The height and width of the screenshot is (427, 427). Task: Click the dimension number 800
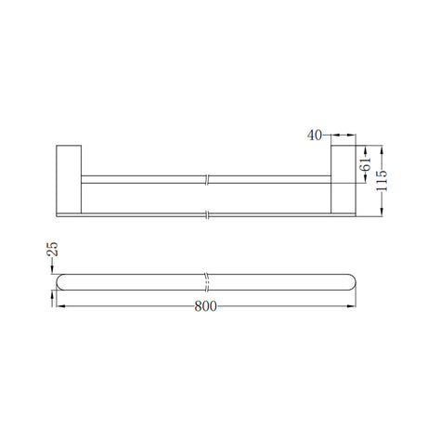click(x=205, y=306)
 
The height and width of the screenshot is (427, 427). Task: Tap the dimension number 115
click(x=382, y=180)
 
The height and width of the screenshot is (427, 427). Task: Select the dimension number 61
click(x=366, y=164)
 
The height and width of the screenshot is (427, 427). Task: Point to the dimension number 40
click(x=315, y=136)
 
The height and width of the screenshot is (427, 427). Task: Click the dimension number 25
click(x=52, y=249)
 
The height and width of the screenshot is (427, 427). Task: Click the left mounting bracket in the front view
click(x=69, y=179)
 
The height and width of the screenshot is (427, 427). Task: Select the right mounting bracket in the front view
click(x=343, y=179)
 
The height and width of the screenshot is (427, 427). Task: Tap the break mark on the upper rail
click(x=208, y=179)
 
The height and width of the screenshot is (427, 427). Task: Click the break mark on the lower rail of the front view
click(x=208, y=214)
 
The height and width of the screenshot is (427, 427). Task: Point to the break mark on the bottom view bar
click(x=208, y=282)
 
